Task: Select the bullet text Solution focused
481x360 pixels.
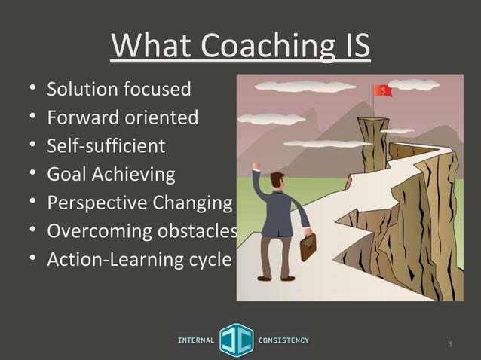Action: [x=118, y=90]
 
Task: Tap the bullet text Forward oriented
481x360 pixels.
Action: [x=122, y=117]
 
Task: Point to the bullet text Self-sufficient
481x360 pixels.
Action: [x=106, y=145]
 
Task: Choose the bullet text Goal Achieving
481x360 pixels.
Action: [x=111, y=174]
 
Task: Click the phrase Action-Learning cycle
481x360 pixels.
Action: [x=139, y=258]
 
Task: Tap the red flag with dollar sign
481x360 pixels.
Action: [x=383, y=91]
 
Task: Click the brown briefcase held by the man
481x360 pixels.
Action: [x=308, y=246]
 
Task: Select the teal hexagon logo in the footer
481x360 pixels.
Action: [x=237, y=340]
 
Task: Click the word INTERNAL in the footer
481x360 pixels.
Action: [x=195, y=340]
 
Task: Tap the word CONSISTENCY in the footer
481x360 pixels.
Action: [x=283, y=340]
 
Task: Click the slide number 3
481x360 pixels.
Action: [x=449, y=345]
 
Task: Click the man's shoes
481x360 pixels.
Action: [x=275, y=278]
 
